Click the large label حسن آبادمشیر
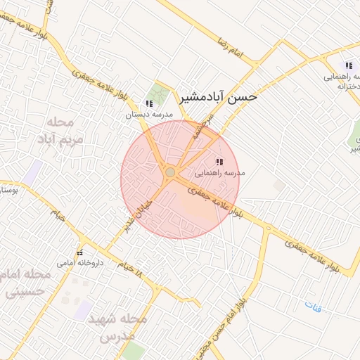click(218, 97)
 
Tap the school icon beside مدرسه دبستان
click(148, 103)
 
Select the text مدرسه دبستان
click(144, 114)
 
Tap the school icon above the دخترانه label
click(348, 65)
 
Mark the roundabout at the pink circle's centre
click(170, 172)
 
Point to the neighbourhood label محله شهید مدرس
click(115, 328)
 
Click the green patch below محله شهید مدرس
click(132, 351)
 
